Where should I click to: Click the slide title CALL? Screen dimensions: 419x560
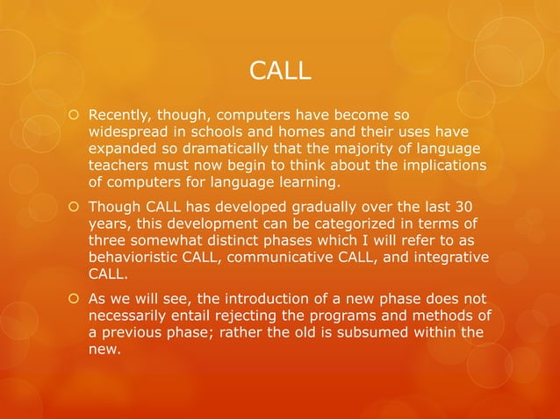280,70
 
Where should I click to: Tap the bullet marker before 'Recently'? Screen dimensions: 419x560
73,114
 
